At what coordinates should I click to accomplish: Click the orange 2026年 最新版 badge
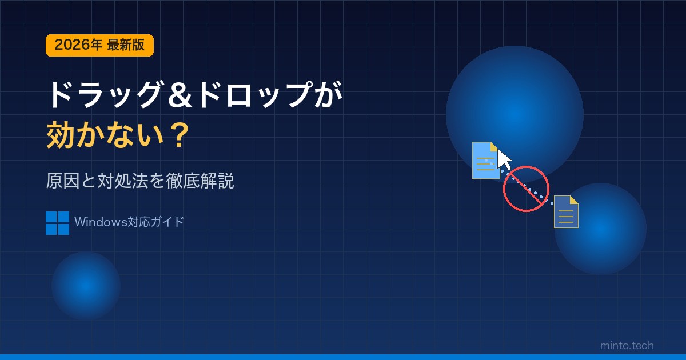click(x=99, y=45)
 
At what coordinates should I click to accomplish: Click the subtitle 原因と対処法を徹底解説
click(x=140, y=181)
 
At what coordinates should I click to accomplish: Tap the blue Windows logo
click(x=57, y=223)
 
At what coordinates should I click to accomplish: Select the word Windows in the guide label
click(x=101, y=222)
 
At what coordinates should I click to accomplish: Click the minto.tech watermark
click(x=627, y=346)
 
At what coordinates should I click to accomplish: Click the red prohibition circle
click(x=526, y=189)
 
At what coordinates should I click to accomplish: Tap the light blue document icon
click(x=486, y=160)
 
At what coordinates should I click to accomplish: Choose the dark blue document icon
click(x=566, y=212)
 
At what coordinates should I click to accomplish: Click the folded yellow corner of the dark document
click(x=573, y=200)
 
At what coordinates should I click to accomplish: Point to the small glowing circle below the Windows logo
click(x=86, y=286)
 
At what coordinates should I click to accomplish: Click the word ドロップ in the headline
click(x=255, y=95)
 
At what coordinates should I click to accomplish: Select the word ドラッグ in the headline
click(x=105, y=95)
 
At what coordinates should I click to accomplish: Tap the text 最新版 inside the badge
click(x=126, y=45)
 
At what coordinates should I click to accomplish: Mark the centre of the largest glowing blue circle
click(x=514, y=115)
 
